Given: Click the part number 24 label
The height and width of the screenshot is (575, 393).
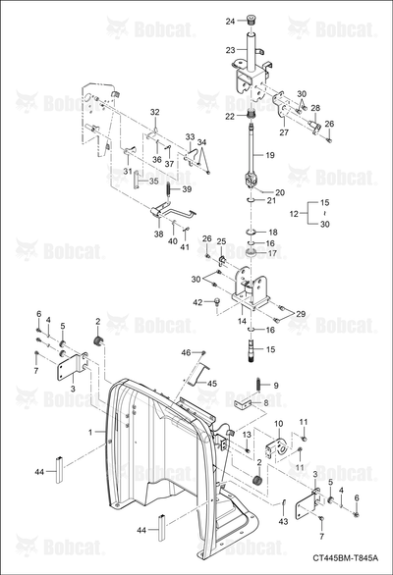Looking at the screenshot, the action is point(230,22).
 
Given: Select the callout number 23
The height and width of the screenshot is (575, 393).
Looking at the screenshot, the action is point(230,49).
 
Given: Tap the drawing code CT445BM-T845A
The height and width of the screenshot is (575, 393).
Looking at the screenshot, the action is point(345,557).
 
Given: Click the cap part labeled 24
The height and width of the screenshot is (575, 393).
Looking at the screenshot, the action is point(252,19).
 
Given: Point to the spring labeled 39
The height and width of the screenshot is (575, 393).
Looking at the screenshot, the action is point(169,190).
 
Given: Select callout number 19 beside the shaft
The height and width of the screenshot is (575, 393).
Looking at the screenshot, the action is point(270,155).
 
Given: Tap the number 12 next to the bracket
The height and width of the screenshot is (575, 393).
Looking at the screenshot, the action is point(294,214).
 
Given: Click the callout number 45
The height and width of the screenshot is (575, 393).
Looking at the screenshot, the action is point(212,384).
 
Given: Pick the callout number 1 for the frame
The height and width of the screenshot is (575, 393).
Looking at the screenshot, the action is point(90,433).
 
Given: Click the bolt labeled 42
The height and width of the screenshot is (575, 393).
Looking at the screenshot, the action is point(217,302).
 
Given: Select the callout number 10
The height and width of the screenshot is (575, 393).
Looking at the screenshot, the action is point(279,424).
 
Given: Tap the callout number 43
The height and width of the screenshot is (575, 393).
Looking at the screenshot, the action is point(283,521).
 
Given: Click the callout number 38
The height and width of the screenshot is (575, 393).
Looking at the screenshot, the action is point(158,234).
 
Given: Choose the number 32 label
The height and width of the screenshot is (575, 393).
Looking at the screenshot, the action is point(155,112).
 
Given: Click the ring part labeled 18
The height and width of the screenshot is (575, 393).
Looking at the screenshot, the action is point(251,232).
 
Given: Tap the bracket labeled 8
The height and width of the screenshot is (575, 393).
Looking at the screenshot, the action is point(243,404).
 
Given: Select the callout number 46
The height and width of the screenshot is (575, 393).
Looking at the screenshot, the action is point(187,352).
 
